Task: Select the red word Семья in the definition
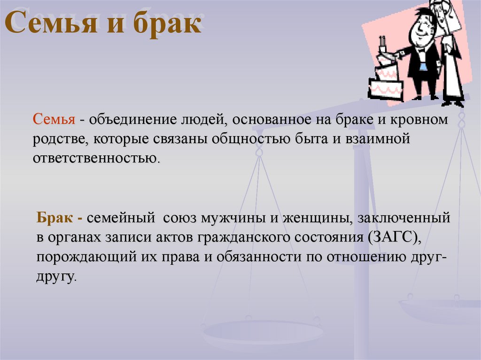point(54,119)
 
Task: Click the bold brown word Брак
point(55,217)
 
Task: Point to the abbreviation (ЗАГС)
point(395,237)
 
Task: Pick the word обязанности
point(259,257)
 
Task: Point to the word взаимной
point(378,139)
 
